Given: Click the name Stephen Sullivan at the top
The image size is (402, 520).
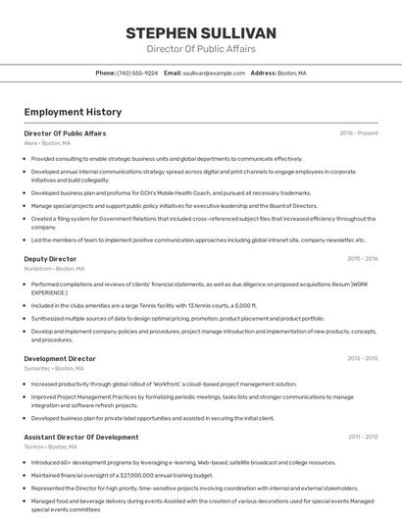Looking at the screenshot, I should point(201,32).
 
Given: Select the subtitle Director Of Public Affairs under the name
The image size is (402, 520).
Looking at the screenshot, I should point(201,49).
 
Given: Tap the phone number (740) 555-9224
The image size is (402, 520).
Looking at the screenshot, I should point(137,73).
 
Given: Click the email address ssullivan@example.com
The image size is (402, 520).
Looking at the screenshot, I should point(214,73).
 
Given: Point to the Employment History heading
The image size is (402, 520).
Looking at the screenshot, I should point(73,113).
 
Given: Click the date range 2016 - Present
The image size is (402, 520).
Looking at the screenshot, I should point(359,133).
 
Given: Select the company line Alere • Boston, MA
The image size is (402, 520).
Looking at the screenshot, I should point(47,143).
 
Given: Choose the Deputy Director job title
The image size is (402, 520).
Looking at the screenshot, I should point(50,259).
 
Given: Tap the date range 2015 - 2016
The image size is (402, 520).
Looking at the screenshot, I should point(362,259).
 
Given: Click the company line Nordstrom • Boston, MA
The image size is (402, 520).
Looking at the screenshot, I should point(54,269).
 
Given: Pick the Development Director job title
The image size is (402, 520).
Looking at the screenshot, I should point(60,359).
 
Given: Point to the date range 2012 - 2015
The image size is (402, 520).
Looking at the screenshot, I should point(362,359).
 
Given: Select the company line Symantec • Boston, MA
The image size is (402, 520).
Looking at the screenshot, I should point(53,369).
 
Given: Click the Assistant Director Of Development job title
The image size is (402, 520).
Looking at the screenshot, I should point(81,437).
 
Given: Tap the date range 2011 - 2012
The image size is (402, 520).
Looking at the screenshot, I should point(362,437).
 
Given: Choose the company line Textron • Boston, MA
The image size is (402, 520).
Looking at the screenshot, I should point(50,446).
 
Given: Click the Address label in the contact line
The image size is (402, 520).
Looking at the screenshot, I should point(263,73).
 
